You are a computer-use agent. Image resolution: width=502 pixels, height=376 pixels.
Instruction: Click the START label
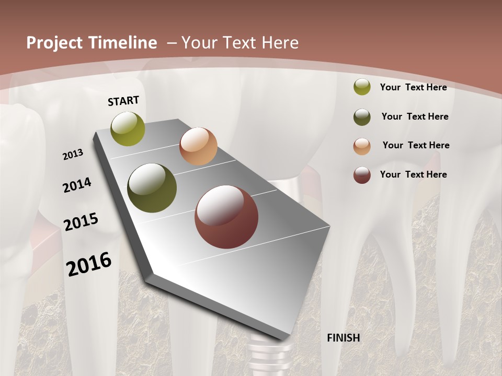[123, 101]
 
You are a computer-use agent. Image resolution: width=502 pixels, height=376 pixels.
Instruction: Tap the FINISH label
[343, 338]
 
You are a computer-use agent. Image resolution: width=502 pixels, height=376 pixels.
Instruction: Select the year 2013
[73, 155]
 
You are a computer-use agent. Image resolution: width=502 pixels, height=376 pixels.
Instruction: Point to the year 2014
[77, 185]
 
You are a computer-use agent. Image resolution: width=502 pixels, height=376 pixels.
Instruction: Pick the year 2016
[89, 264]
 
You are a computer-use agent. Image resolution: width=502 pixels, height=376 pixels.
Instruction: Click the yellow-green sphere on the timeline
[128, 128]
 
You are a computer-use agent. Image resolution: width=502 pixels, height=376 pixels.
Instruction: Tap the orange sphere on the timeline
[198, 146]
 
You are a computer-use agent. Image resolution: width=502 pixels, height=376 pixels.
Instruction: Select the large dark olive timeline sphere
[152, 188]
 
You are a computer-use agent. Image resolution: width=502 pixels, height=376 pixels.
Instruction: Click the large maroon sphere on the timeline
[226, 217]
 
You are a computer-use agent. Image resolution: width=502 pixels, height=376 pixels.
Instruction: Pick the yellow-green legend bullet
[362, 87]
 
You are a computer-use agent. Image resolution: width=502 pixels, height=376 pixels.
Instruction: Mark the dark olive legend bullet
[362, 117]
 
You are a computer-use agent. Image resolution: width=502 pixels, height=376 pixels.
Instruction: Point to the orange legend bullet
[362, 146]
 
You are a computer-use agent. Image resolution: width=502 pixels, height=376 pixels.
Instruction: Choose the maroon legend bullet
[362, 175]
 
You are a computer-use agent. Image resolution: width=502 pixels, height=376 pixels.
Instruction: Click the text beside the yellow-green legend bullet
[413, 87]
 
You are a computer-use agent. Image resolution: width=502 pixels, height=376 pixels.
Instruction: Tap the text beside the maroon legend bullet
[413, 174]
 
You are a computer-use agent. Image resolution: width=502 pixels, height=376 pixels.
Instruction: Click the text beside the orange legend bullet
[416, 145]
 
